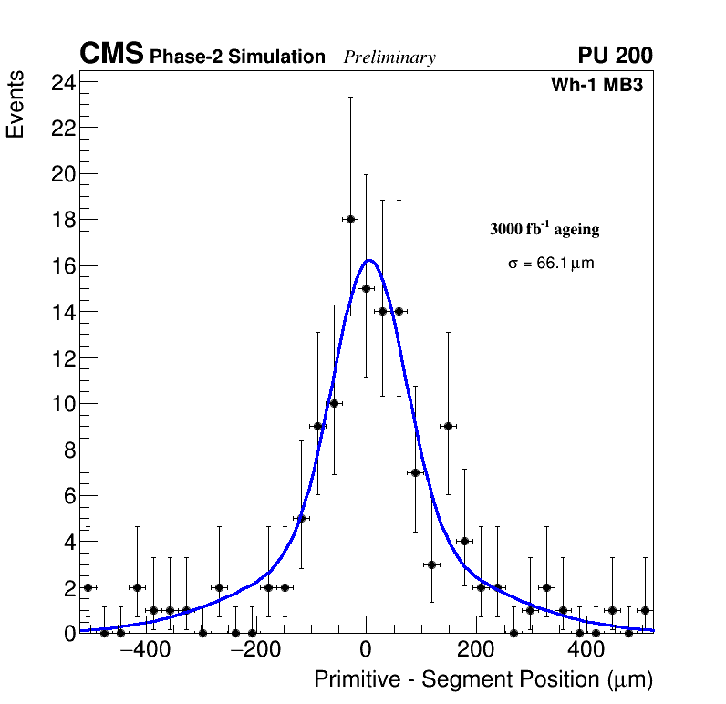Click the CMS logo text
[111, 55]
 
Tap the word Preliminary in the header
[389, 57]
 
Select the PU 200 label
[615, 56]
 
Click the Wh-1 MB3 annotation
[597, 86]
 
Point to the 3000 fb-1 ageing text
[544, 229]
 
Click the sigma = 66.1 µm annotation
[551, 264]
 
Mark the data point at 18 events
[350, 219]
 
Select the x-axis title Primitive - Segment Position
[483, 679]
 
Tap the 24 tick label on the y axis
[64, 81]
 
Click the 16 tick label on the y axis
[64, 265]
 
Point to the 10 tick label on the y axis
[64, 404]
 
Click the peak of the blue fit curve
[368, 260]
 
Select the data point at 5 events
[301, 518]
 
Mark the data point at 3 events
[431, 564]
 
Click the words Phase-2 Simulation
[237, 57]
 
